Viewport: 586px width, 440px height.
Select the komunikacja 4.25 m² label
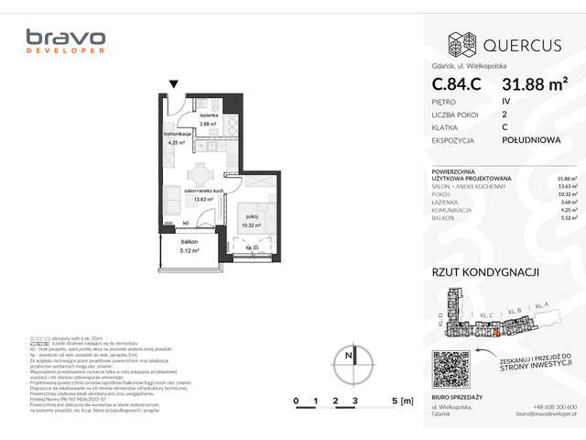177,138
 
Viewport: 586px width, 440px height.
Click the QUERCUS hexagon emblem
460,43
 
